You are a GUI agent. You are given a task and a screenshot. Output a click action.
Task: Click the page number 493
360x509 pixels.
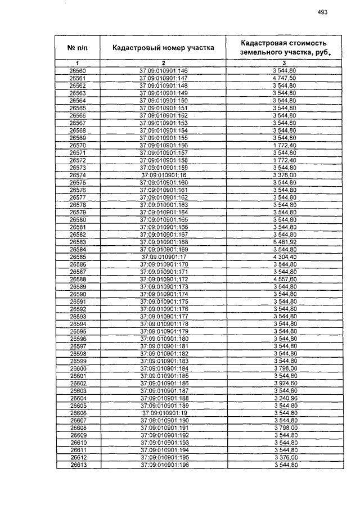(322, 12)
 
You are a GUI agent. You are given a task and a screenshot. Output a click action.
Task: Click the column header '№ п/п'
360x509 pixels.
(78, 47)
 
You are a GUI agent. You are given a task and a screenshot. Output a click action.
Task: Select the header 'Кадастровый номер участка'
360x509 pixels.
(163, 48)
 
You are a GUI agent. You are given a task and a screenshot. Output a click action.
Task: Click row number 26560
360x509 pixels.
(78, 71)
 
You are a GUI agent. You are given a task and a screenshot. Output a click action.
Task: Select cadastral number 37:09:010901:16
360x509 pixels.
(163, 175)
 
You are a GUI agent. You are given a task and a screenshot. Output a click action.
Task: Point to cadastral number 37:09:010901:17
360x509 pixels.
(163, 256)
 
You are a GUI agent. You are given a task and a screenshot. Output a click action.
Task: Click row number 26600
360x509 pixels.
(78, 368)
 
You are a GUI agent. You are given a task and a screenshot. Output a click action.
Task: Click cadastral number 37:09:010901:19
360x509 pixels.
(163, 413)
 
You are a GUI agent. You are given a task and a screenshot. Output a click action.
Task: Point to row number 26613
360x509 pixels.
(78, 465)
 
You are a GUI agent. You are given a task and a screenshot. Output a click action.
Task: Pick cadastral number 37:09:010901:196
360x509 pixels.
(163, 465)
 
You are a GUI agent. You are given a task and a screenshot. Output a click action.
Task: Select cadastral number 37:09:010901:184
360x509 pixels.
(163, 368)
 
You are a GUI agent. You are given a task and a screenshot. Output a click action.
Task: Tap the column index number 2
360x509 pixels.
(163, 63)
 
